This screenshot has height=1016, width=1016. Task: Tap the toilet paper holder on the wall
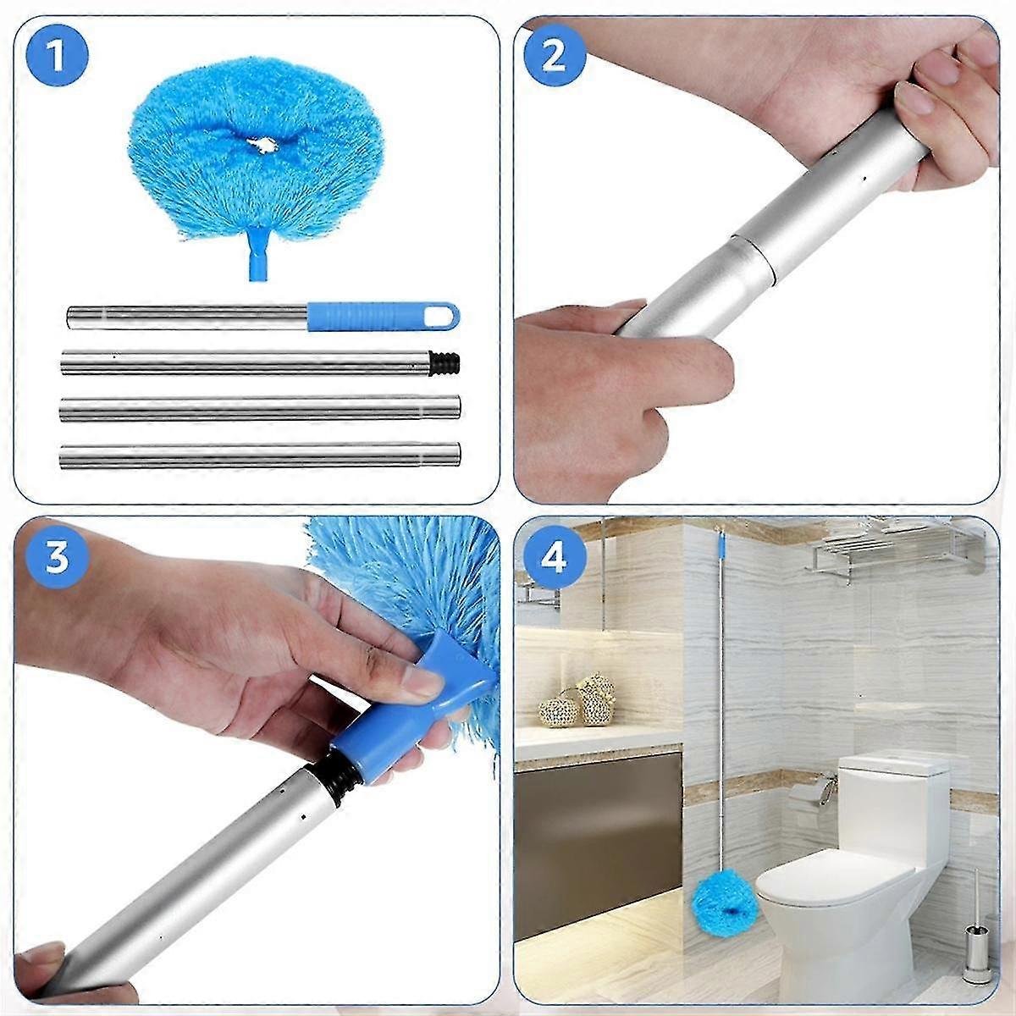[809, 796]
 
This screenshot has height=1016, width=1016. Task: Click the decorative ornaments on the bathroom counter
[577, 703]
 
